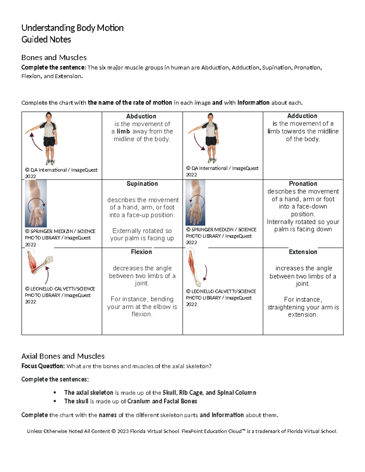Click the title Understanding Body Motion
tap(72, 28)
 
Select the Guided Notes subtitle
tap(46, 40)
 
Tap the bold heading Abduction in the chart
tap(141, 116)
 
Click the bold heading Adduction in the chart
tap(302, 116)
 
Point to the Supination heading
tap(142, 184)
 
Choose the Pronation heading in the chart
tap(303, 184)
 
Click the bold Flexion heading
tap(141, 252)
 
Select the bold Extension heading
tap(303, 252)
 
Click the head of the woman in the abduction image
tap(49, 116)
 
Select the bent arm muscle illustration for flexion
tap(39, 262)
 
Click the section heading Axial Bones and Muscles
tap(63, 356)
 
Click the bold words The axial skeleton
tap(89, 392)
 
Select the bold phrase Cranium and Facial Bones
tap(162, 401)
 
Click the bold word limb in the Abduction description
tap(123, 131)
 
